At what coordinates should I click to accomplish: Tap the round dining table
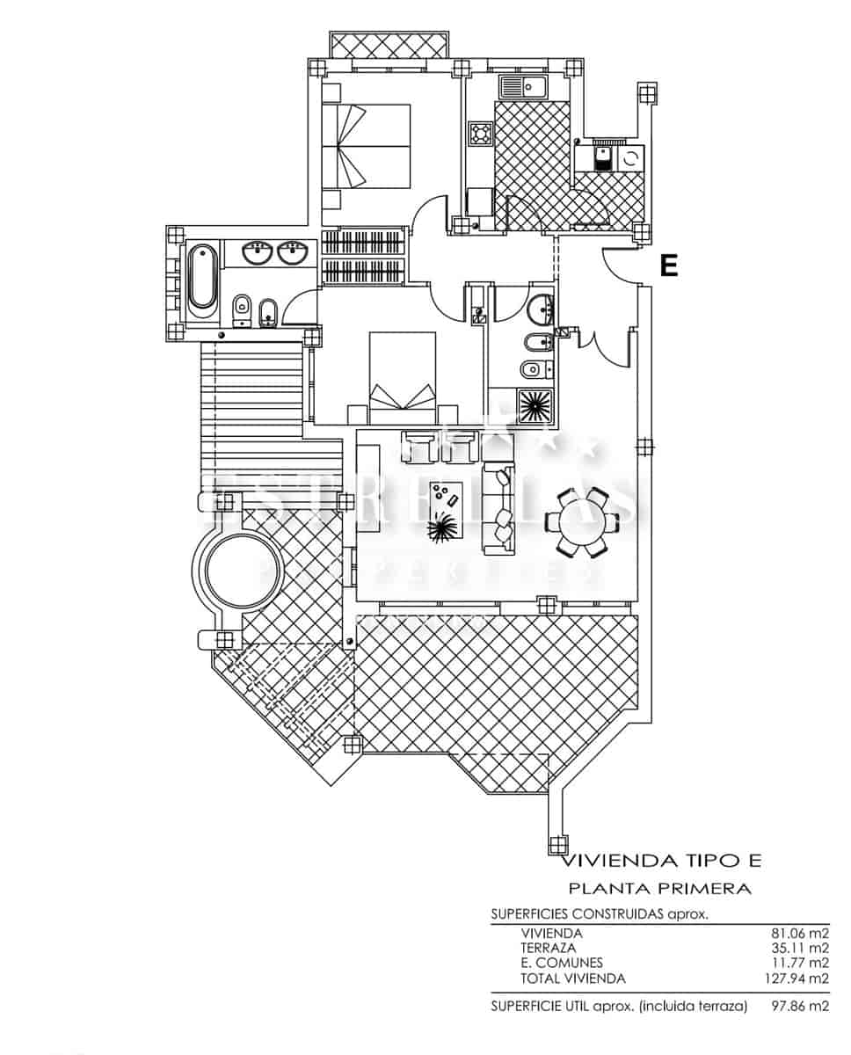577,522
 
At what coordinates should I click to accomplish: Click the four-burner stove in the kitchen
481,134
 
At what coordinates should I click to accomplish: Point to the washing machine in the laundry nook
630,159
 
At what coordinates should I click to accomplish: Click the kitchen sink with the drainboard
523,87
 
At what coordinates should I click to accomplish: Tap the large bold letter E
669,266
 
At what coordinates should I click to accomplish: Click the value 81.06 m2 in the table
797,933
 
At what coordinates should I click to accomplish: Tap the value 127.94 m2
794,978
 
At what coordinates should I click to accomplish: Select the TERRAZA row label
548,948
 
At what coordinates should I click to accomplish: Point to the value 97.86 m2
797,1005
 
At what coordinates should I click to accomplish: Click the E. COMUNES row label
562,963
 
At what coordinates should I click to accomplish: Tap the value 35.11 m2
797,948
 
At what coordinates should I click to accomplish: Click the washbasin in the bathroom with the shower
540,308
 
